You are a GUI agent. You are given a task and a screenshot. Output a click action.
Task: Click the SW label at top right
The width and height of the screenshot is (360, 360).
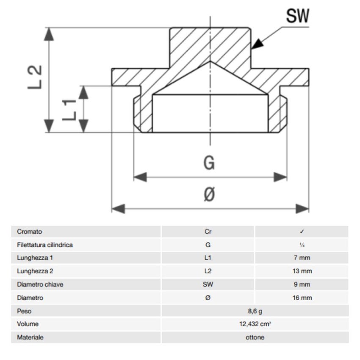point(297,16)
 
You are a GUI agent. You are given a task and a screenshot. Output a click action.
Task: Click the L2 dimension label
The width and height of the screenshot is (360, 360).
point(36,77)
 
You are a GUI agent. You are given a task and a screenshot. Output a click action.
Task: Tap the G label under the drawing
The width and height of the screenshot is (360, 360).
point(209,163)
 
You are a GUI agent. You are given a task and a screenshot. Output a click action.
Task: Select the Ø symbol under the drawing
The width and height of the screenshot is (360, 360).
point(209,195)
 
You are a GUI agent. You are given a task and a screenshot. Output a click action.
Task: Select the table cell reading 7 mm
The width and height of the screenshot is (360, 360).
point(302,258)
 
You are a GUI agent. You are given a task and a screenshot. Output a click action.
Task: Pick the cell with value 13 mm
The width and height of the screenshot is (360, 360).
point(302,271)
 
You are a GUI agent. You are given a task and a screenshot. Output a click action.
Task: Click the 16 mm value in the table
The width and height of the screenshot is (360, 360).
point(302,298)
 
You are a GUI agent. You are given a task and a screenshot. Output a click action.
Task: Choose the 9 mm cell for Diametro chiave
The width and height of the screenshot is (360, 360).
point(302,285)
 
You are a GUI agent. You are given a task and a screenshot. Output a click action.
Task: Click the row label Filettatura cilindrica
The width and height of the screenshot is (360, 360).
point(44,245)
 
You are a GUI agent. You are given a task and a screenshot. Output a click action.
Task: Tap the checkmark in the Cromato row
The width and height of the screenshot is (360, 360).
point(302,232)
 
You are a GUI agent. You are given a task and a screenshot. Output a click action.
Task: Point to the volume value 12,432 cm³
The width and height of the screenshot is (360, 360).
point(255,324)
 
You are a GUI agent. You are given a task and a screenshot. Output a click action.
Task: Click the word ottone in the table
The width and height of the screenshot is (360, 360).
point(255,338)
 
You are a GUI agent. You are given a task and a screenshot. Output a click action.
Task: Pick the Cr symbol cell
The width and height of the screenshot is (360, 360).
point(208,232)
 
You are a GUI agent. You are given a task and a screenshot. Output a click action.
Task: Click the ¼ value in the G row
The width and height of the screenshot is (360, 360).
point(302,245)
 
